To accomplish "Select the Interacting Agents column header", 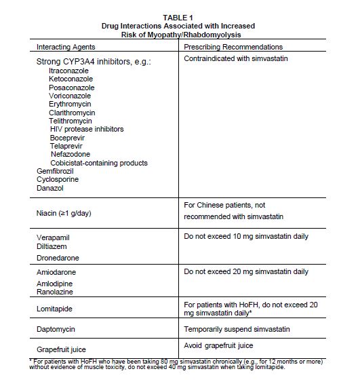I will pos(66,47).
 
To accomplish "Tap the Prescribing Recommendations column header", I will pos(234,47).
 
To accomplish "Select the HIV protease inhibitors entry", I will pos(87,129).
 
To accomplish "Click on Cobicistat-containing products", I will pos(98,163).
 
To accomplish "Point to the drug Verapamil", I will pos(54,239).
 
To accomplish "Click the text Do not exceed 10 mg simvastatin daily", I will pos(246,238).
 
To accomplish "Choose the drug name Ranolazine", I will pos(56,291).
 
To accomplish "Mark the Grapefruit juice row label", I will pos(61,348).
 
